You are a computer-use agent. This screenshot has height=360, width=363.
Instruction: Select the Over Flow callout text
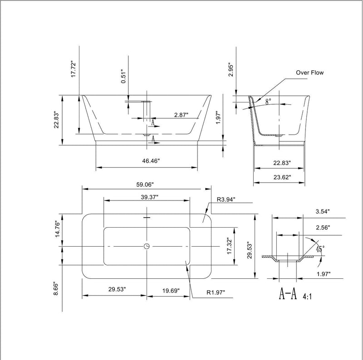pyautogui.click(x=310, y=72)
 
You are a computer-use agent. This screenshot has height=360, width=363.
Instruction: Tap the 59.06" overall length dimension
pyautogui.click(x=146, y=185)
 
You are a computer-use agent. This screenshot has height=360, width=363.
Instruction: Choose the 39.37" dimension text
pyautogui.click(x=147, y=197)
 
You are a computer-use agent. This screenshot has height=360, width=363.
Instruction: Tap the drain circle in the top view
pyautogui.click(x=147, y=246)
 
